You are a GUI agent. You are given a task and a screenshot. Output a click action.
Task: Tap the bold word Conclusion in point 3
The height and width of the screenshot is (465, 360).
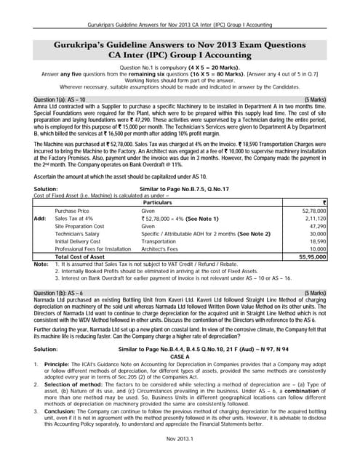click(x=60, y=410)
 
